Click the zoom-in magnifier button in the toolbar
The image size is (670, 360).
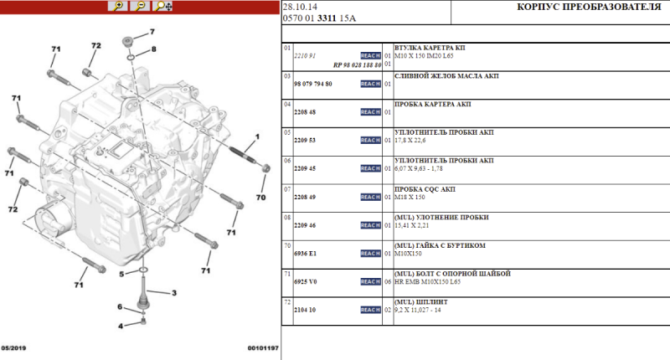point(118,7)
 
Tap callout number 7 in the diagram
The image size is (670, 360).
point(152,32)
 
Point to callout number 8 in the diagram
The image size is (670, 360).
point(153,50)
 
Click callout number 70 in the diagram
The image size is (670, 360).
point(260,198)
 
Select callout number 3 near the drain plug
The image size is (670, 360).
point(174,293)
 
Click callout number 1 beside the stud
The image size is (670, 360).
point(257,136)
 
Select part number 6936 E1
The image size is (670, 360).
point(302,253)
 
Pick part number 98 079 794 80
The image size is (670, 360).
point(313,84)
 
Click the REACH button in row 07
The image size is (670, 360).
point(370,197)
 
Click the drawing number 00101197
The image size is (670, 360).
point(262,347)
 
